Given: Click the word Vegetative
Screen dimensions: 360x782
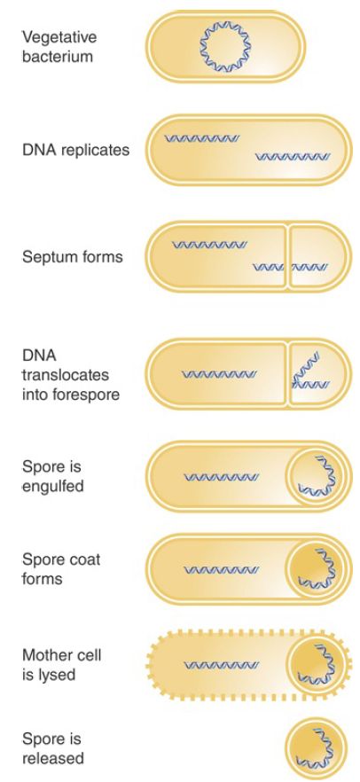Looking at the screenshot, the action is click(x=59, y=38).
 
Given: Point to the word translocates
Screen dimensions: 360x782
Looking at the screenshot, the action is click(x=66, y=375).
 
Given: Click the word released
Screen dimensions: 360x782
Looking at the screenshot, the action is click(x=53, y=760).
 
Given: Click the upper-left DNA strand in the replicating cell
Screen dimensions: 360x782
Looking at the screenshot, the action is click(x=202, y=138).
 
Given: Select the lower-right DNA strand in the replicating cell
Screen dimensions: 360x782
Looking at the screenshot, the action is click(x=293, y=158).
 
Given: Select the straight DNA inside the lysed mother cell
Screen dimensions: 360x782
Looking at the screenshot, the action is click(x=222, y=665).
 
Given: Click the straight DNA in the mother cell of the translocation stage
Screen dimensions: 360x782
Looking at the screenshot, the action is click(x=219, y=374).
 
